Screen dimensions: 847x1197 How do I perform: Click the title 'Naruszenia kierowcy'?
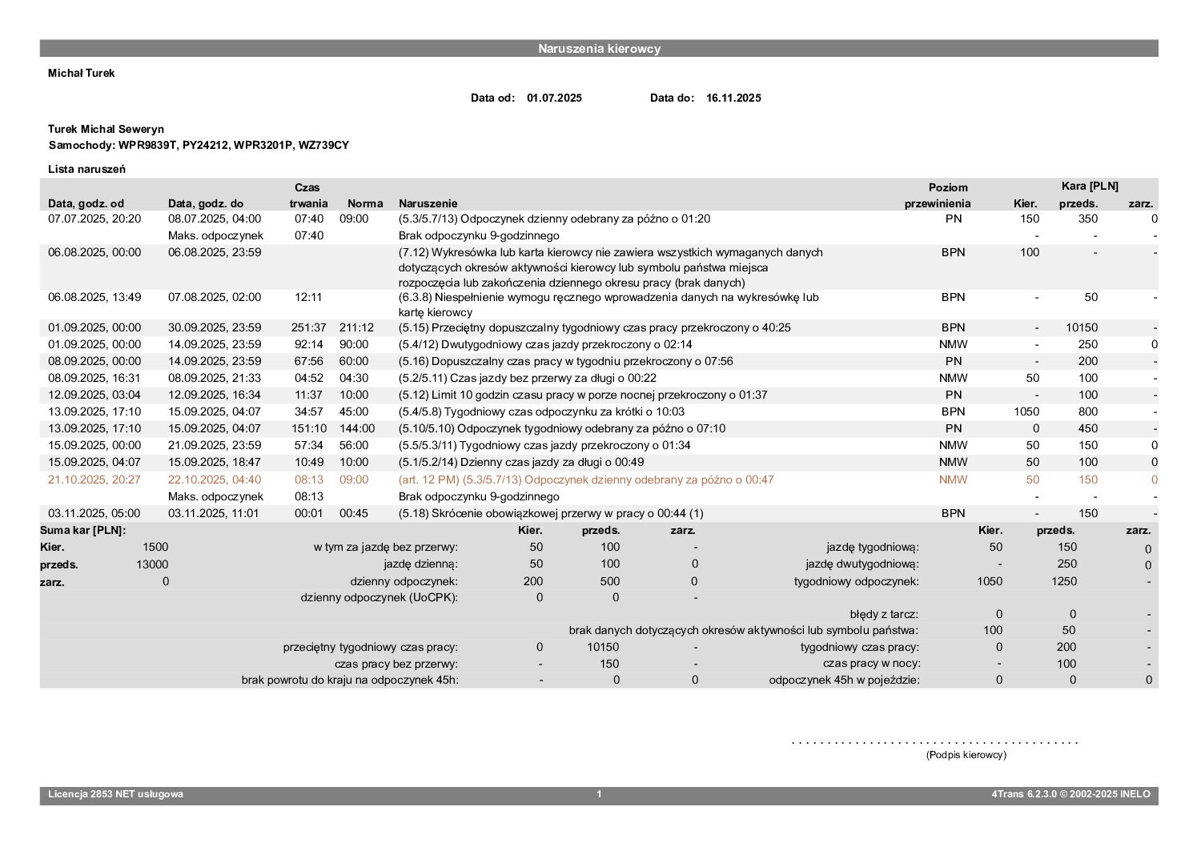coord(599,49)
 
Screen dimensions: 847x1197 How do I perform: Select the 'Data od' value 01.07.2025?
coord(554,98)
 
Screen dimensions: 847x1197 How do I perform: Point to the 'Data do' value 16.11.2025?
coord(733,98)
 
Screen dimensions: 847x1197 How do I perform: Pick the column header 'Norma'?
coord(365,203)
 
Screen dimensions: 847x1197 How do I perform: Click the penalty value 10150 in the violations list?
coord(1082,327)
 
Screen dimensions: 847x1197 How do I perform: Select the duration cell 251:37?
coord(308,327)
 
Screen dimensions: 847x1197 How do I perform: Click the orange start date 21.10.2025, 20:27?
coord(94,480)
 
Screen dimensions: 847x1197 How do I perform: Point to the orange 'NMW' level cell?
coord(953,480)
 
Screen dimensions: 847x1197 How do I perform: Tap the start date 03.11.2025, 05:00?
coord(94,513)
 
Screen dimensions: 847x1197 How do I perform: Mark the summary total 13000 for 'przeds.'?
coord(152,564)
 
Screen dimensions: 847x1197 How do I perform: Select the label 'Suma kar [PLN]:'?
coord(83,530)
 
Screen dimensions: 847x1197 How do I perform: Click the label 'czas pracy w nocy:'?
coord(871,664)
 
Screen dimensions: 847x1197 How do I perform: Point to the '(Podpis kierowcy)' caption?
coord(966,755)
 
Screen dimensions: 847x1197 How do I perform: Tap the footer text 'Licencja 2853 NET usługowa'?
coord(115,794)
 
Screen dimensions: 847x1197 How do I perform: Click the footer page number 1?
coord(599,794)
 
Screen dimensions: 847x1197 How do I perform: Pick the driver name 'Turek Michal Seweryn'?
coord(106,129)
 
